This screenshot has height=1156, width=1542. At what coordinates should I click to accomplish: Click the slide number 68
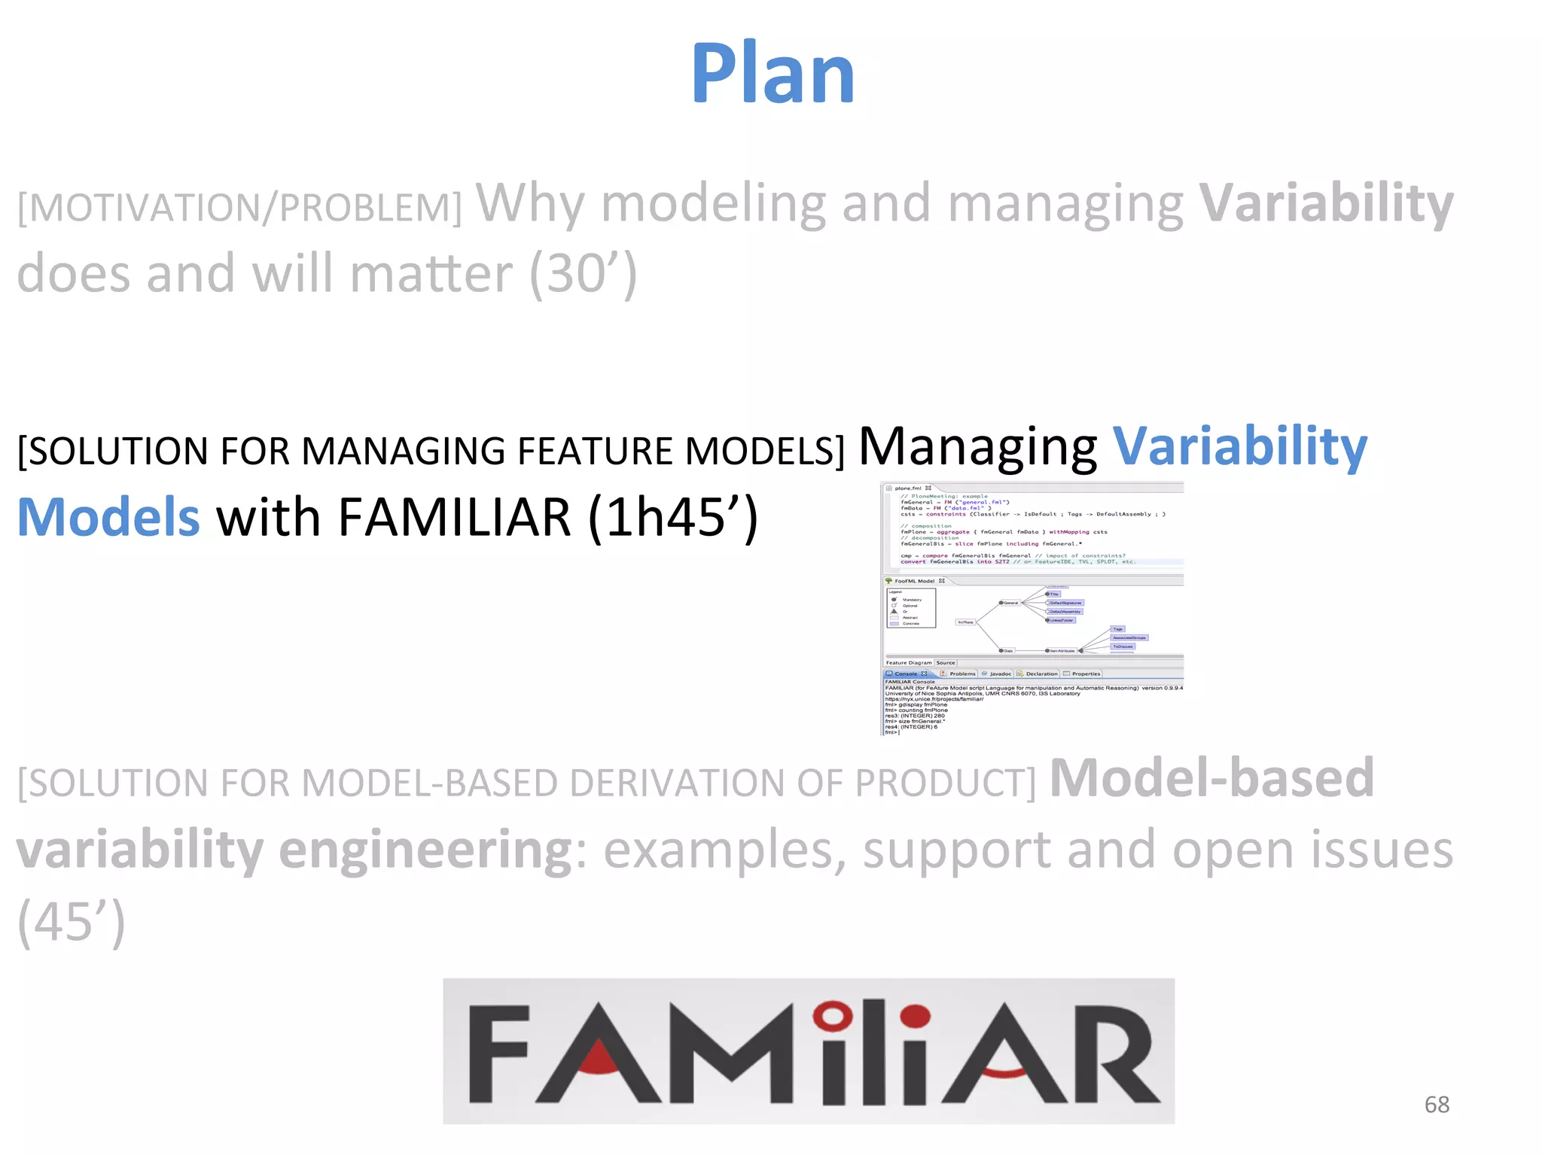click(1437, 1104)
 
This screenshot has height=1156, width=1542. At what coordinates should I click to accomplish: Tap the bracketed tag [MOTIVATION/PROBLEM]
click(239, 208)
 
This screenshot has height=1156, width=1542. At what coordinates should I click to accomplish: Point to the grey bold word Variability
click(1326, 203)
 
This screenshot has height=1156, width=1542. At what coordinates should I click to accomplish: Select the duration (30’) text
click(583, 274)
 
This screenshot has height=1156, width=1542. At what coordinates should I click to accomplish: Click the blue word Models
click(108, 518)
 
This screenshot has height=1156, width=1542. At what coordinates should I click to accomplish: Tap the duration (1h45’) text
click(672, 518)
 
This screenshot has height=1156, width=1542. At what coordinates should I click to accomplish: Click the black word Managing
click(977, 447)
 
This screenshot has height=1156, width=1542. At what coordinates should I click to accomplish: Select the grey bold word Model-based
click(1211, 778)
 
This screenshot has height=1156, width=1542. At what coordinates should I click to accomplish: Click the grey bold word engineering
click(425, 850)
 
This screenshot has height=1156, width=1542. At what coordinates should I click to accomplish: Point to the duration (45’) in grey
click(71, 921)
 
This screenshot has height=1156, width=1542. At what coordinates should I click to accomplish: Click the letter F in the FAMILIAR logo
click(498, 1054)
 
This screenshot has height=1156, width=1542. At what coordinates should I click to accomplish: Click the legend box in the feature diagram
click(911, 608)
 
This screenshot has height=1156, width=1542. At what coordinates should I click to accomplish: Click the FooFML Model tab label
click(914, 581)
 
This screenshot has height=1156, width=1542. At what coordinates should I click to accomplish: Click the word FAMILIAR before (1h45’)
click(454, 518)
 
